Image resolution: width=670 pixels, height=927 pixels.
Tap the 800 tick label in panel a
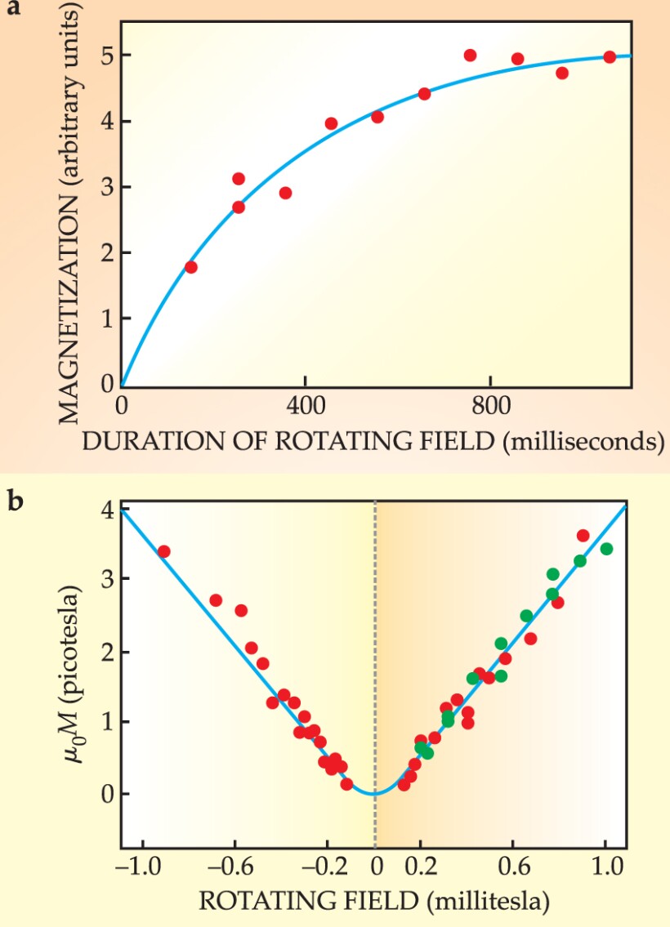pos(489,405)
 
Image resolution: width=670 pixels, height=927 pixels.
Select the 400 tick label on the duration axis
pos(305,405)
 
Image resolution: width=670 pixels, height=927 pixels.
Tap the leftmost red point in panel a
pos(191,267)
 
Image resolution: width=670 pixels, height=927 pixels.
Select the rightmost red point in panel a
pos(610,57)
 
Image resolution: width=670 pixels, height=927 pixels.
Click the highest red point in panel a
pos(470,56)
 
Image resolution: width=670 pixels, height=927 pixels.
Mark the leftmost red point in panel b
pos(163,551)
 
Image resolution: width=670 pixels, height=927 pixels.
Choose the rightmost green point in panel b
pos(606,549)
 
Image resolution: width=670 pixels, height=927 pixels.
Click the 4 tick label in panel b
pos(104,508)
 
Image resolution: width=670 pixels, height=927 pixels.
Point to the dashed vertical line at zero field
pos(375,653)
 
